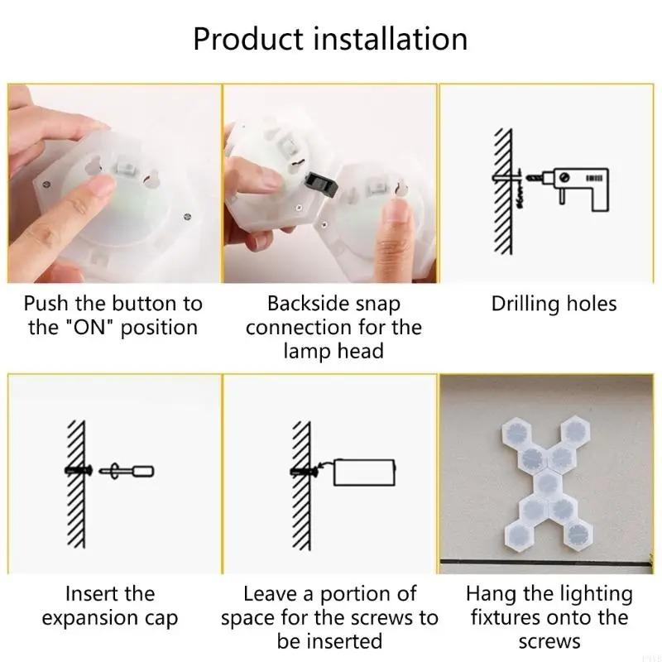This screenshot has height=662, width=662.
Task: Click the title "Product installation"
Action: (330, 39)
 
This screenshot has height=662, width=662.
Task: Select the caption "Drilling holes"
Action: (554, 304)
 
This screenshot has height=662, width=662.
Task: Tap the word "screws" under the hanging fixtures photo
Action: (549, 641)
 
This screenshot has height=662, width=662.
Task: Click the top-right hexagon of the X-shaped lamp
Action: (574, 430)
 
